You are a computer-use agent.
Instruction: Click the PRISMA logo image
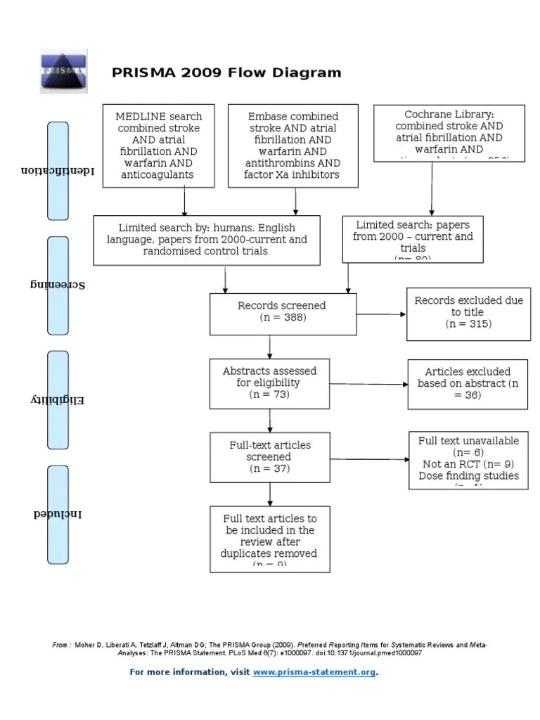point(63,72)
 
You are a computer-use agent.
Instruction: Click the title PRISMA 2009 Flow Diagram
point(226,72)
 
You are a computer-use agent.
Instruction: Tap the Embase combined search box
point(293,146)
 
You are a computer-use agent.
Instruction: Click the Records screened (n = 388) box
point(270,314)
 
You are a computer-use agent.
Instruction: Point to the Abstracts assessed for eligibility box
point(269,382)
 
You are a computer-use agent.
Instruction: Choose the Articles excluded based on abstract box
point(468,383)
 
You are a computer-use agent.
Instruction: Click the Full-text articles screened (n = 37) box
point(269,457)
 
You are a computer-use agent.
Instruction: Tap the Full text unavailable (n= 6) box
point(468,461)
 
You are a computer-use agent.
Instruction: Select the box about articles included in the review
point(269,538)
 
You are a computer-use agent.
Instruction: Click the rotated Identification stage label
point(58,170)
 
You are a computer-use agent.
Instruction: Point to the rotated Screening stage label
point(58,285)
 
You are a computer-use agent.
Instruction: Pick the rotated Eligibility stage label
point(58,400)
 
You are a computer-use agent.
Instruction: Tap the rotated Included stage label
point(58,514)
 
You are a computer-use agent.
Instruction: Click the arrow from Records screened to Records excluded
point(368,314)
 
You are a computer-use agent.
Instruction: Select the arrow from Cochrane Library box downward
point(431,186)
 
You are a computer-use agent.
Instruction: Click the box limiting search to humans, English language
point(207,240)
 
